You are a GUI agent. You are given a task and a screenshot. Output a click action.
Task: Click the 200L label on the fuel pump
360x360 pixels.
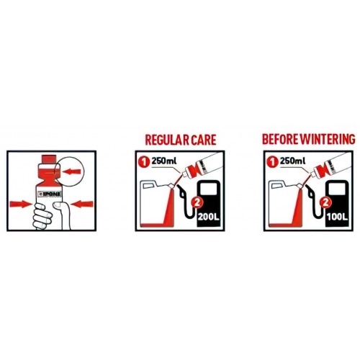click(208, 217)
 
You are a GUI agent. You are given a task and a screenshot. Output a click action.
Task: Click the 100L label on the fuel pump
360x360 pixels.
click(337, 217)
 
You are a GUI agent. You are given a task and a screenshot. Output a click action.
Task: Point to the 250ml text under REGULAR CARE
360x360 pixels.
click(164, 161)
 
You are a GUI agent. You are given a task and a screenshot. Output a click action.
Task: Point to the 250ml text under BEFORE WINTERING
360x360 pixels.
click(292, 161)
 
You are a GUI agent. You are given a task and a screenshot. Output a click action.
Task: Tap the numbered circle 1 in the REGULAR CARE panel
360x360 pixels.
click(144, 162)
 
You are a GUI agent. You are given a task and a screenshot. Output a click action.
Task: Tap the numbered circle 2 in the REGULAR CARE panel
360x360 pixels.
click(197, 203)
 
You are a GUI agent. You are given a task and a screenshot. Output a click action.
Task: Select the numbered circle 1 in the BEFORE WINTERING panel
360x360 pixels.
click(272, 162)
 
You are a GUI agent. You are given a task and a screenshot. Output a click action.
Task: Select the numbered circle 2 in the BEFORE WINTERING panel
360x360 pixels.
click(325, 203)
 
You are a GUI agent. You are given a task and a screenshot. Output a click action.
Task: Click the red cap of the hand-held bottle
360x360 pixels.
click(49, 159)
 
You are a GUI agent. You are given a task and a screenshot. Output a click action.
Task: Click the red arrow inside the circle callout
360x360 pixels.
click(71, 171)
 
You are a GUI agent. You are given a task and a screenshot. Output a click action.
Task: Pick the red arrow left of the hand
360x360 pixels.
click(21, 204)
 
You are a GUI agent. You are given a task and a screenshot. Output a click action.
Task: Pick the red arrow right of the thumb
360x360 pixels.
click(82, 204)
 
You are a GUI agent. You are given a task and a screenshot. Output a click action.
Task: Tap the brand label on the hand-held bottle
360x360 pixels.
click(50, 194)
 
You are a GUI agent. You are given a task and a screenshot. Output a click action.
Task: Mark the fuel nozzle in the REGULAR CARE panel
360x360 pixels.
click(181, 189)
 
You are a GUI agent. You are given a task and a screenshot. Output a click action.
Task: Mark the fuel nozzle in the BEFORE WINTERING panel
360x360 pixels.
click(310, 189)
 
